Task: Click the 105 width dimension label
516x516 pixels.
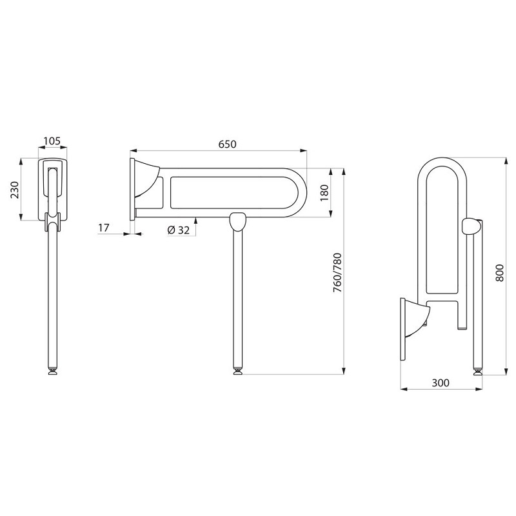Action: tap(52, 141)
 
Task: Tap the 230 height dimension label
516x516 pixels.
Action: tap(15, 190)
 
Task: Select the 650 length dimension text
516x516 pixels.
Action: tap(228, 144)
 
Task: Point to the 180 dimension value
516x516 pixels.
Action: tap(324, 193)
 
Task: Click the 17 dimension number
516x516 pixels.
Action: tap(104, 228)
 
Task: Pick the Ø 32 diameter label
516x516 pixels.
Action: tap(179, 230)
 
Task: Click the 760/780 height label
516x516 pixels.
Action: tap(337, 273)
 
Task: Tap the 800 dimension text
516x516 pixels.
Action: tap(499, 272)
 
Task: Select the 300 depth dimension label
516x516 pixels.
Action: tap(441, 382)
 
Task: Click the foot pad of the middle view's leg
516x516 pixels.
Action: tap(238, 372)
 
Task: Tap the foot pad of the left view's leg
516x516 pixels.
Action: tap(52, 372)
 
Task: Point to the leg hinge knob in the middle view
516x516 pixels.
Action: tap(237, 222)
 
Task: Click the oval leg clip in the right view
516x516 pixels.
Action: tap(470, 226)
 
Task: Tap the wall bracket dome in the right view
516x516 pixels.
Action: tap(417, 319)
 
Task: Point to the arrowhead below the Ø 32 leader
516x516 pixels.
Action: tap(196, 220)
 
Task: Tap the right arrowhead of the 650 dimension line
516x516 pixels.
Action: tap(303, 151)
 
